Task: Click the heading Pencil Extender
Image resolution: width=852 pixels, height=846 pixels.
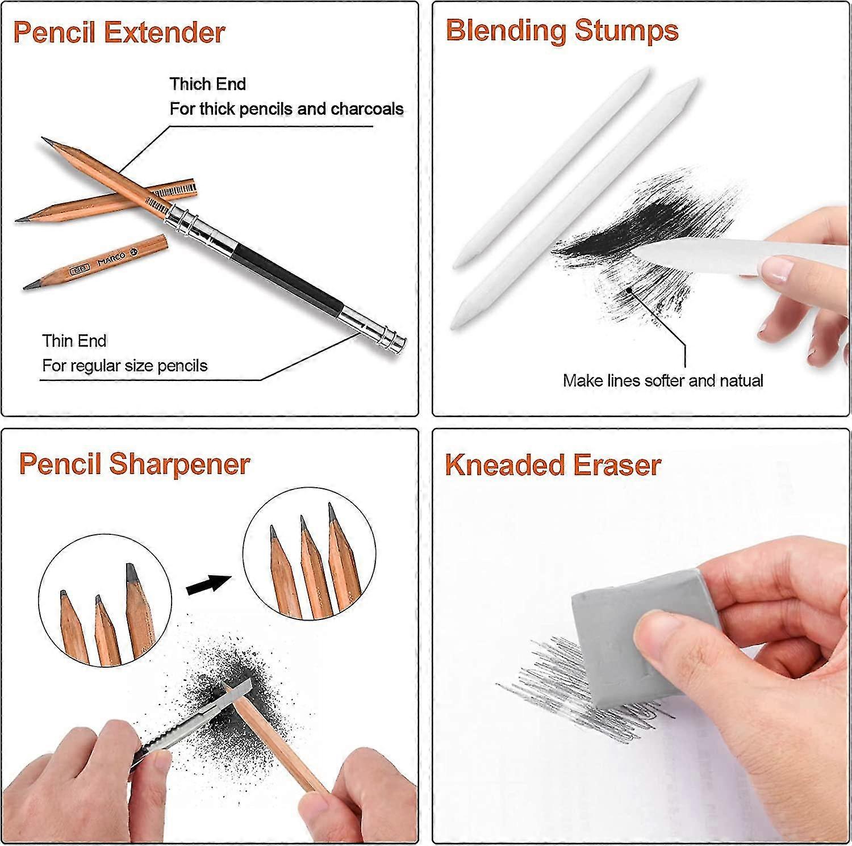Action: pos(119,32)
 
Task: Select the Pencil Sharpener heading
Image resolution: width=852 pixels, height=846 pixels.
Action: pos(134,464)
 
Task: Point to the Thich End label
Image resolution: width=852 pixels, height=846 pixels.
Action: pos(207,84)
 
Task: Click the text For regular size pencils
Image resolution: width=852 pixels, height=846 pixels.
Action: pos(124,365)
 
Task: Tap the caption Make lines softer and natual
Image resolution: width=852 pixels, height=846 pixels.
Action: pos(662,380)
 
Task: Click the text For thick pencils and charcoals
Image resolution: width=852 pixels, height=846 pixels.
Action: pos(286,108)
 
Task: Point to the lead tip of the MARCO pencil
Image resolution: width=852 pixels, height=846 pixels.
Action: pos(27,286)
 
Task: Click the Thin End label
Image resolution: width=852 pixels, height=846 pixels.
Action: pos(74,341)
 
